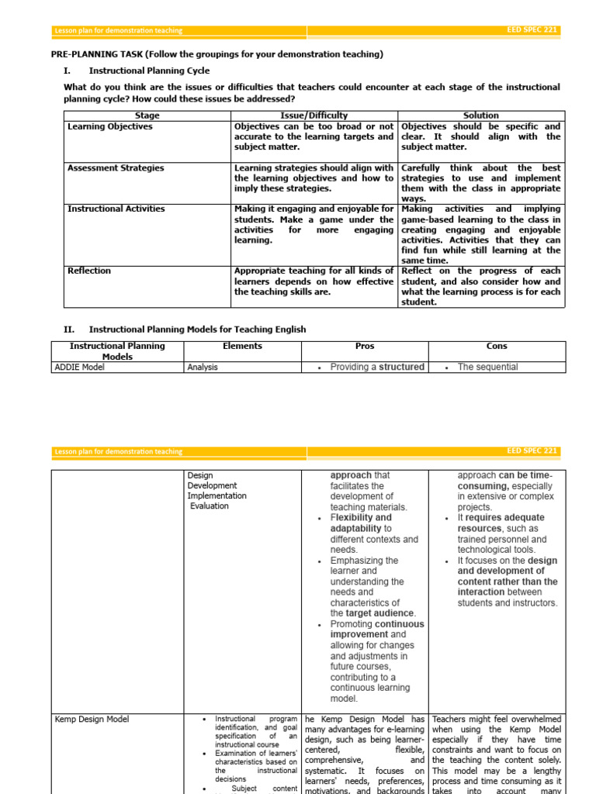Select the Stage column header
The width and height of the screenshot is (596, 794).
[x=147, y=116]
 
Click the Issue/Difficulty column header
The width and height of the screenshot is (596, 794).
[x=314, y=116]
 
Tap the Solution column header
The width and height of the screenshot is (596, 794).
[x=481, y=116]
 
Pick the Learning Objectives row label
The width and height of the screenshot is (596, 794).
[x=110, y=126]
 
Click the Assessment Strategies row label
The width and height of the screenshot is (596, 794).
[x=116, y=167]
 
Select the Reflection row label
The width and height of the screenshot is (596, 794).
[x=89, y=271]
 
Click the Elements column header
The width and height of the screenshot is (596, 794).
[x=242, y=347]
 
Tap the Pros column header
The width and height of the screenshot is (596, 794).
[x=366, y=347]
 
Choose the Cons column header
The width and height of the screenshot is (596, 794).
[x=497, y=347]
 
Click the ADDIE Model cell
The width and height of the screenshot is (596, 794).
[x=80, y=368]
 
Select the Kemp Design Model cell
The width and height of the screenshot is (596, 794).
[x=92, y=720]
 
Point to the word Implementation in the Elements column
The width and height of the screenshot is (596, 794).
[x=217, y=495]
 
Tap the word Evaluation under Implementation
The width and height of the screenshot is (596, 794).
[x=210, y=506]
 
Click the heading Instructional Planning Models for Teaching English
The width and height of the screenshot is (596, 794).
[x=197, y=330]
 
